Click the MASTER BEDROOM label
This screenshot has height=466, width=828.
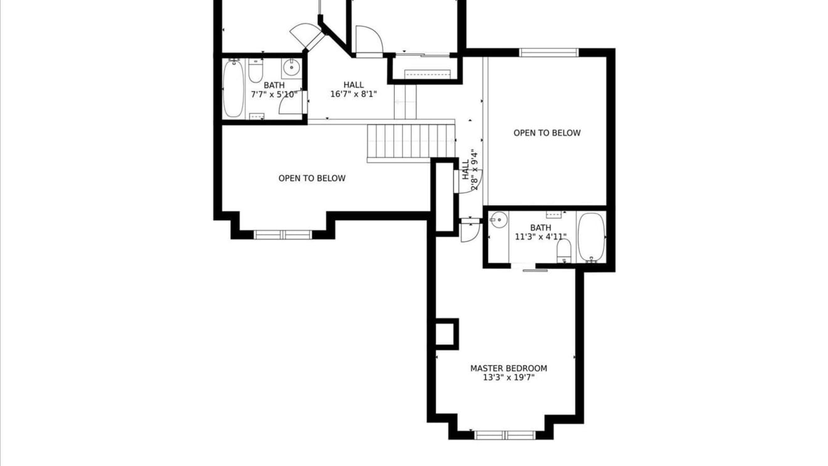[x=509, y=368]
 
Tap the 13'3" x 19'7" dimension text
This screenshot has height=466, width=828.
[x=509, y=378]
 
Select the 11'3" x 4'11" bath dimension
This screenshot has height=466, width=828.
[x=541, y=237]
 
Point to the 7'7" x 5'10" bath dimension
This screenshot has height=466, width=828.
[x=274, y=95]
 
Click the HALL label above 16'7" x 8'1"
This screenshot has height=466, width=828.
[x=353, y=85]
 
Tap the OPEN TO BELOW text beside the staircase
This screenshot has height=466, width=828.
[x=312, y=179]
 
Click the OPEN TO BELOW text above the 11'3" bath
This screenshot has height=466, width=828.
[x=547, y=133]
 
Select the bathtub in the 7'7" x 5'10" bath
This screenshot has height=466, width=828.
[x=233, y=88]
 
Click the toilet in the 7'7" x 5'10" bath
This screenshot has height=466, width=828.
[x=255, y=70]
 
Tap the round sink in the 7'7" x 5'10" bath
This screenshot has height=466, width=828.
[x=292, y=68]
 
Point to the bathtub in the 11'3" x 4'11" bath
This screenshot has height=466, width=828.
[x=592, y=238]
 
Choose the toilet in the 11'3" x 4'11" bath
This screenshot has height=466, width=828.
[x=564, y=251]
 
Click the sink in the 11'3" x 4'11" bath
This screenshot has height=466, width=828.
[x=499, y=220]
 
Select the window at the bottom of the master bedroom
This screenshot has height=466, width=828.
[x=504, y=435]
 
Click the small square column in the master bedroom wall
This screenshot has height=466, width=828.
[x=447, y=334]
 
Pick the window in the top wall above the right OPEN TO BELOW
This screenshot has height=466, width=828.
[x=548, y=53]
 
